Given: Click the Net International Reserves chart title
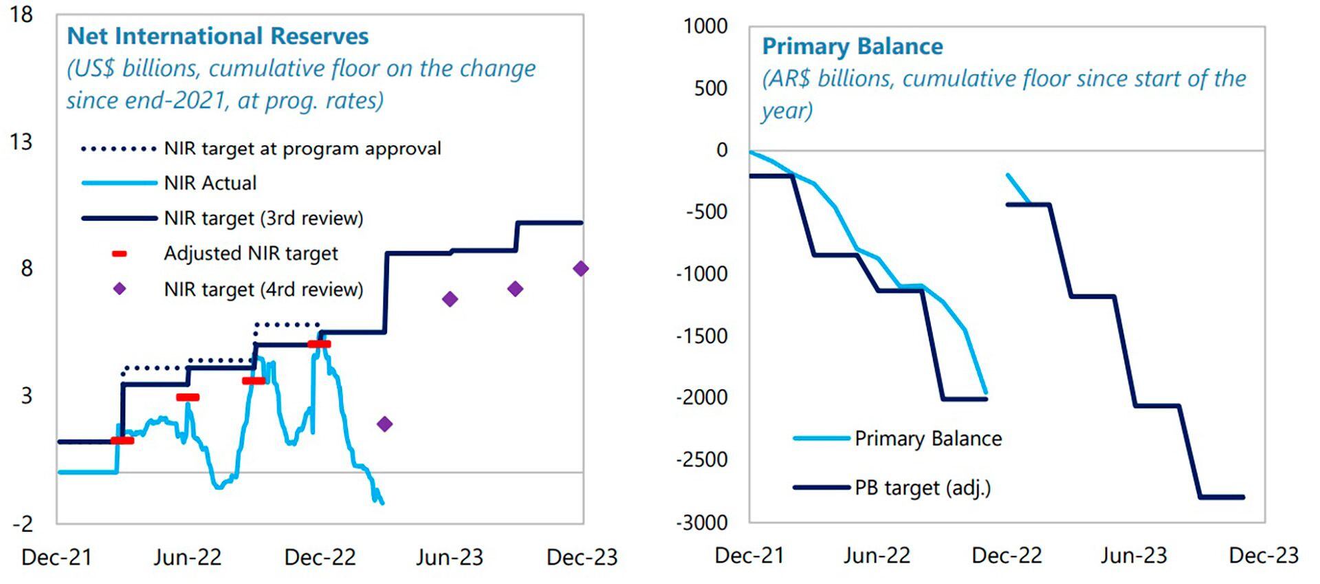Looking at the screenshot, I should [217, 36].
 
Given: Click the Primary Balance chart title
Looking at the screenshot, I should [852, 46].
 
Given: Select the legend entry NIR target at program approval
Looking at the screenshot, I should [302, 149].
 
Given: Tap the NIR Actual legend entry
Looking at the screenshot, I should [210, 183].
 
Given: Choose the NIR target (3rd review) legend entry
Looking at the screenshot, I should [263, 218].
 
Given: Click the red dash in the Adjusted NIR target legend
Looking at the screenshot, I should [120, 254].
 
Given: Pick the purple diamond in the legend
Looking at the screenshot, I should [120, 289].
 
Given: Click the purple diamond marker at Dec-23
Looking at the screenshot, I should [581, 268].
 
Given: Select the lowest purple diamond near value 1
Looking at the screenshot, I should [385, 424].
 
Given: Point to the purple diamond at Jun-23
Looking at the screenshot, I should [450, 299].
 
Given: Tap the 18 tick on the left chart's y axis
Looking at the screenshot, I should [21, 14].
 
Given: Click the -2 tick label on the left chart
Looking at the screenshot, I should [23, 524].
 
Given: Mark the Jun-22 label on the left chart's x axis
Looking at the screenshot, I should [188, 557].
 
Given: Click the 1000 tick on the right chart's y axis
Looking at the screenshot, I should [705, 26].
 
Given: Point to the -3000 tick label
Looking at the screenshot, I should [702, 523].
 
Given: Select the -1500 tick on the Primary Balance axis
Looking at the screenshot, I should [702, 336].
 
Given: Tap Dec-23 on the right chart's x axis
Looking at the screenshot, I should [1264, 556].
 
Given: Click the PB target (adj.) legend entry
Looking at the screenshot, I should [923, 488].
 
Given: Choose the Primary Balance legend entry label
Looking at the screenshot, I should [928, 438].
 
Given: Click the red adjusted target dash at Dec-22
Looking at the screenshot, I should [319, 344].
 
